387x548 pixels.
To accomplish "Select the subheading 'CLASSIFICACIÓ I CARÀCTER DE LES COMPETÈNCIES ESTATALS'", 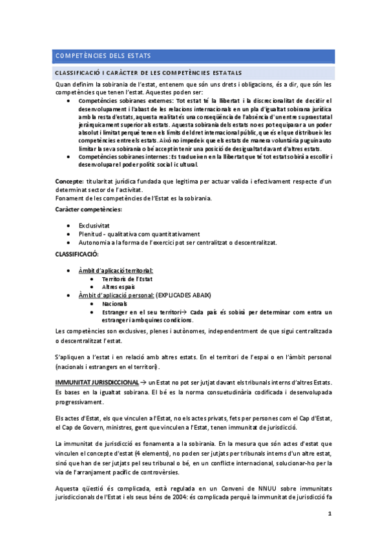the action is tap(149, 72).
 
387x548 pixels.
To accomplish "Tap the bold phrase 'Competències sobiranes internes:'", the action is tap(123, 157).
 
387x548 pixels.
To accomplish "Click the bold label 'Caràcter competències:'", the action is tap(89, 211).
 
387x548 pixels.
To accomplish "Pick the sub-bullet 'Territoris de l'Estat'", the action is tap(125, 279).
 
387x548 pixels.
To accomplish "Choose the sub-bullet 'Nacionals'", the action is tap(114, 303).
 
